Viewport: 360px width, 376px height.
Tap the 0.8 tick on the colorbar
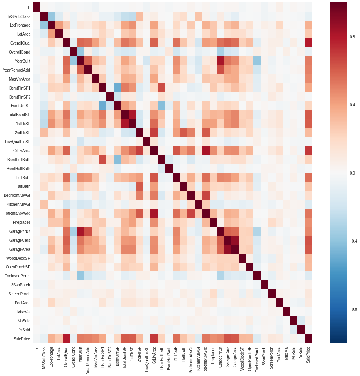tap(352, 37)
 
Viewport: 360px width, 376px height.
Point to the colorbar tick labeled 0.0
tap(352, 173)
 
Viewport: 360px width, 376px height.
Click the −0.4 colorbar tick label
tap(353, 241)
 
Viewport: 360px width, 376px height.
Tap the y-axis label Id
tap(29, 7)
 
